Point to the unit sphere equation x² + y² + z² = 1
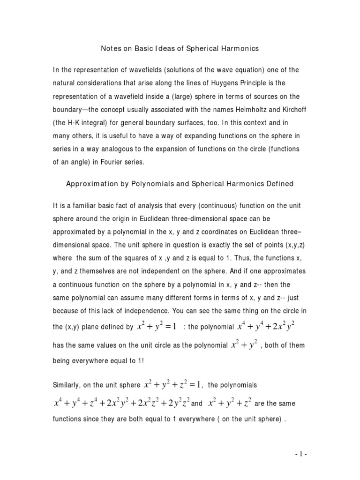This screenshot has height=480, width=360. [172, 385]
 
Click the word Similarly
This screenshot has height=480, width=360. [68, 386]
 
